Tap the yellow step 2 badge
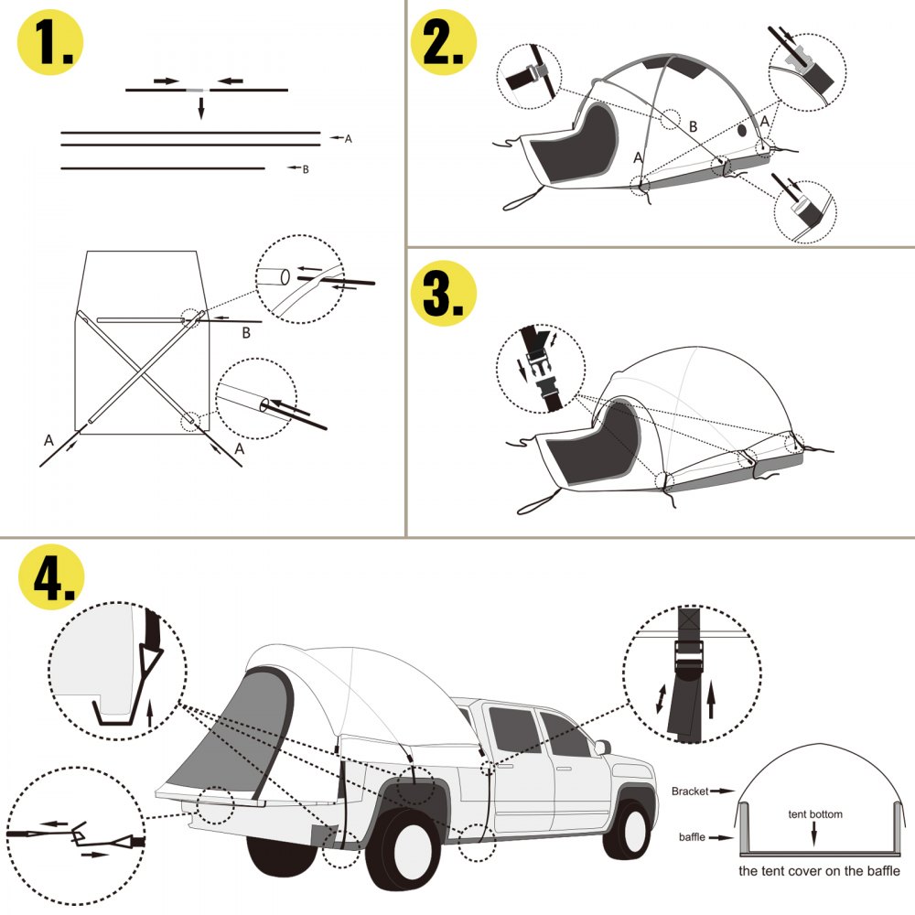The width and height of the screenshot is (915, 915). [445, 42]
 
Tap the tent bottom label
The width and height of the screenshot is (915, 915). [815, 813]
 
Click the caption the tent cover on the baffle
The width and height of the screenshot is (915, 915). [819, 871]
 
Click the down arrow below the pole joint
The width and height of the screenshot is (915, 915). [201, 107]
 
